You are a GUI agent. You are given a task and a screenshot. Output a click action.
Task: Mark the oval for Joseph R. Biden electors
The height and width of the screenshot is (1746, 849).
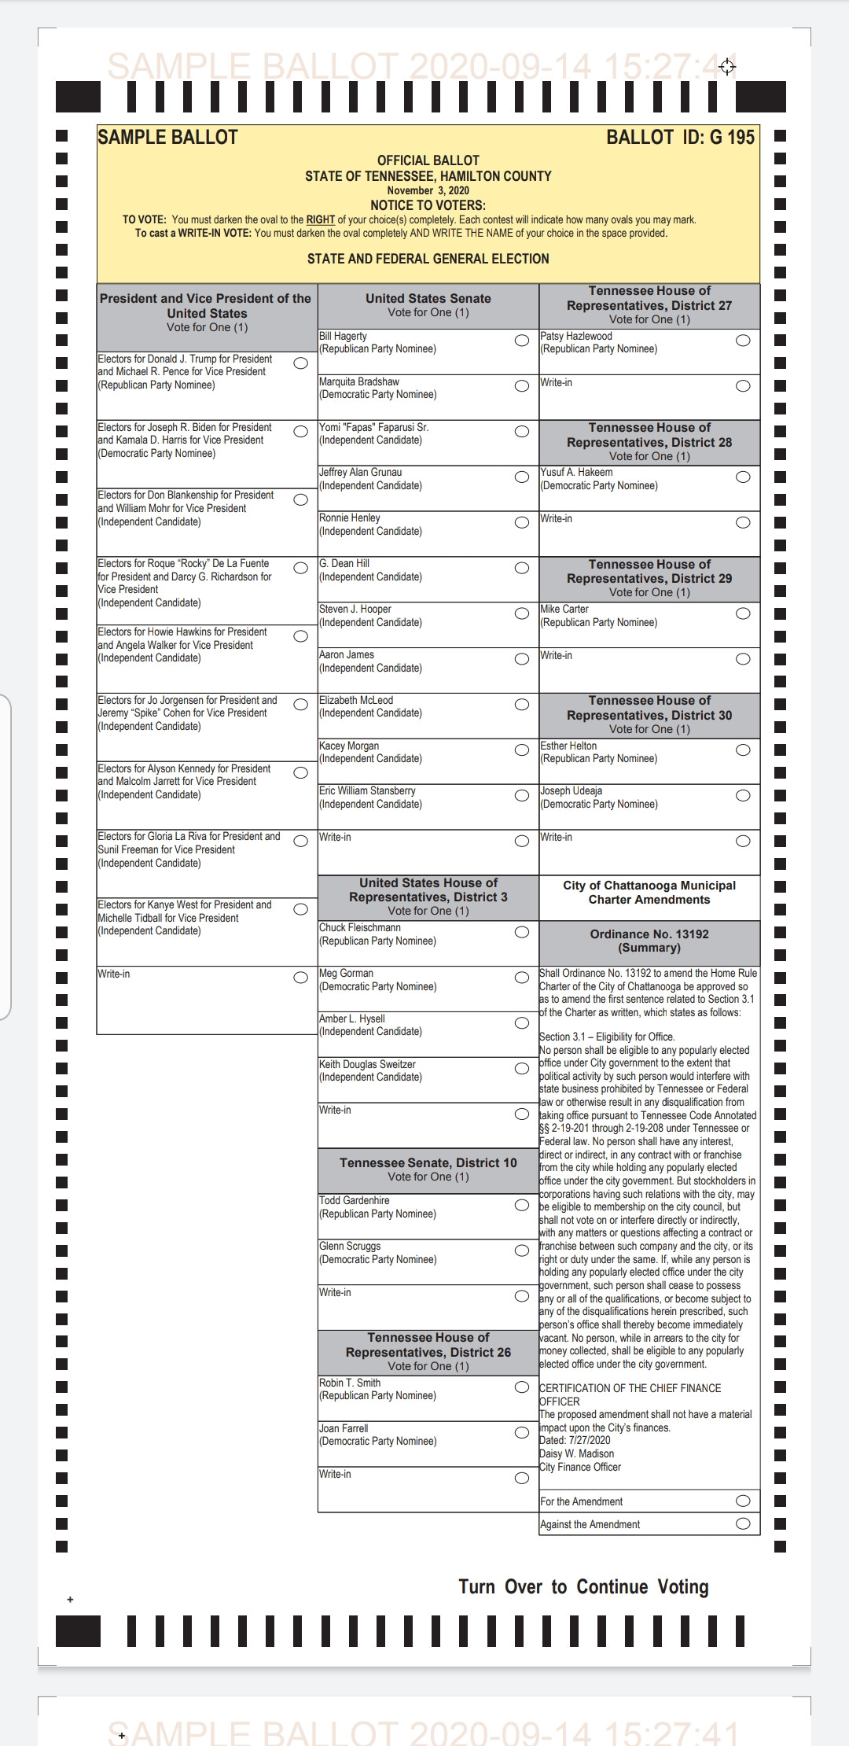pyautogui.click(x=300, y=431)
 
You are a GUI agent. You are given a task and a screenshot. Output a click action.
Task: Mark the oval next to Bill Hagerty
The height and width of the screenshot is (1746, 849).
pyautogui.click(x=522, y=341)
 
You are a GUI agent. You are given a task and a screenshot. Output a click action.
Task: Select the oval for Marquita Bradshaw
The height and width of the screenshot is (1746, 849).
pyautogui.click(x=522, y=386)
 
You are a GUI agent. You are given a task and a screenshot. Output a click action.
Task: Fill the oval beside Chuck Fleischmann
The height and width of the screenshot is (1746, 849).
pyautogui.click(x=522, y=932)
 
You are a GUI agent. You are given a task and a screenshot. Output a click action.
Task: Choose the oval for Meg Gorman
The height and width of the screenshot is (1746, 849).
pyautogui.click(x=522, y=978)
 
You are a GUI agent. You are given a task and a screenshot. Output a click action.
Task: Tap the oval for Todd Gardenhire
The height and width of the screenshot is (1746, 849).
pyautogui.click(x=522, y=1205)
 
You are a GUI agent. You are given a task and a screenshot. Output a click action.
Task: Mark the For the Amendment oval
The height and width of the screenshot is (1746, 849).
pyautogui.click(x=743, y=1501)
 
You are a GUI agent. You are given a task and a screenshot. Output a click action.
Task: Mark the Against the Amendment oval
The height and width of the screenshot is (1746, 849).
pyautogui.click(x=743, y=1523)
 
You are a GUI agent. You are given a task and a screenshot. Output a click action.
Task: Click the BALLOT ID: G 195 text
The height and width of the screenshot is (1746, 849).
pyautogui.click(x=680, y=138)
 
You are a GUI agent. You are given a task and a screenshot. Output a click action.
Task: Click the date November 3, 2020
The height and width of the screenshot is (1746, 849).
pyautogui.click(x=428, y=190)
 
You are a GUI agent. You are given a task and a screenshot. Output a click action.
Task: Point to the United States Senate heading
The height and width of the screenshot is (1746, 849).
pyautogui.click(x=428, y=299)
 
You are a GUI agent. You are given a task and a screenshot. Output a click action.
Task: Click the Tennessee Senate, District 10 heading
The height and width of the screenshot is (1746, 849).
pyautogui.click(x=428, y=1162)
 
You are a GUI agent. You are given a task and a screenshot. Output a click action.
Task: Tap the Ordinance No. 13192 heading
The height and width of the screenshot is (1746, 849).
pyautogui.click(x=649, y=934)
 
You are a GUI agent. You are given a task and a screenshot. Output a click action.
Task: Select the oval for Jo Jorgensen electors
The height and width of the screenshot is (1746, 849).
pyautogui.click(x=300, y=704)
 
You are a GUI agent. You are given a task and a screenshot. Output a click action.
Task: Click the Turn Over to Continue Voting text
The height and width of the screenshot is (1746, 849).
pyautogui.click(x=583, y=1587)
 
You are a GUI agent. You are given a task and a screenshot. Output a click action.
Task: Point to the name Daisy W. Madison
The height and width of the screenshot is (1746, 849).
pyautogui.click(x=576, y=1453)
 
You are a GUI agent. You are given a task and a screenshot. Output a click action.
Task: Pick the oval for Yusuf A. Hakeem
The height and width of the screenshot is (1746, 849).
pyautogui.click(x=743, y=477)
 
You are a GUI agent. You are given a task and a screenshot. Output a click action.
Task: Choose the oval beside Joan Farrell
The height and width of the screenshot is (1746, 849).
pyautogui.click(x=522, y=1432)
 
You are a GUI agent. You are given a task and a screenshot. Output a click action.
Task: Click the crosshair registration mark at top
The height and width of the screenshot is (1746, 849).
pyautogui.click(x=727, y=67)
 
